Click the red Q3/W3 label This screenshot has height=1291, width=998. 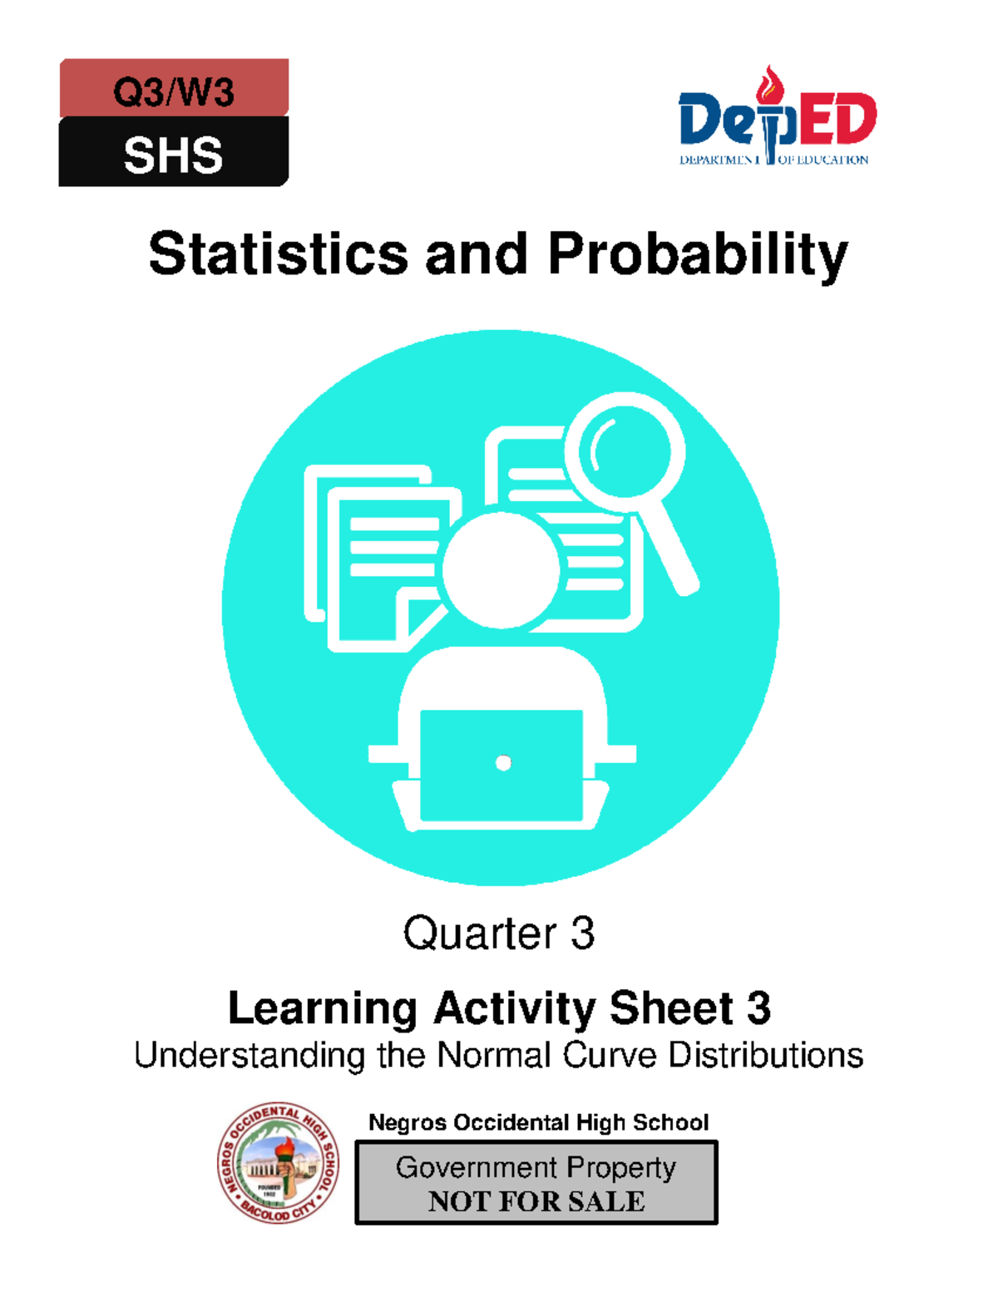174,89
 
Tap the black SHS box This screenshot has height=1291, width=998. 174,153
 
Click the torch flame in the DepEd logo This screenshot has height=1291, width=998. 771,82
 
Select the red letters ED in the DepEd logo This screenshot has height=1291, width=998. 837,120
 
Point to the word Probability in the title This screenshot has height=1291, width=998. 698,255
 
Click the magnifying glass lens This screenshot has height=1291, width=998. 625,451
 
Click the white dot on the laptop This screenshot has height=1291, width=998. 503,763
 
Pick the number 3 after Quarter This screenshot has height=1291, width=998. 583,934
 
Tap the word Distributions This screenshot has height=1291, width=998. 766,1056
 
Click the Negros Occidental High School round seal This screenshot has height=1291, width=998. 279,1163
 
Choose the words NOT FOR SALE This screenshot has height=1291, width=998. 536,1201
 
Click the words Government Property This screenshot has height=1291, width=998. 536,1167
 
